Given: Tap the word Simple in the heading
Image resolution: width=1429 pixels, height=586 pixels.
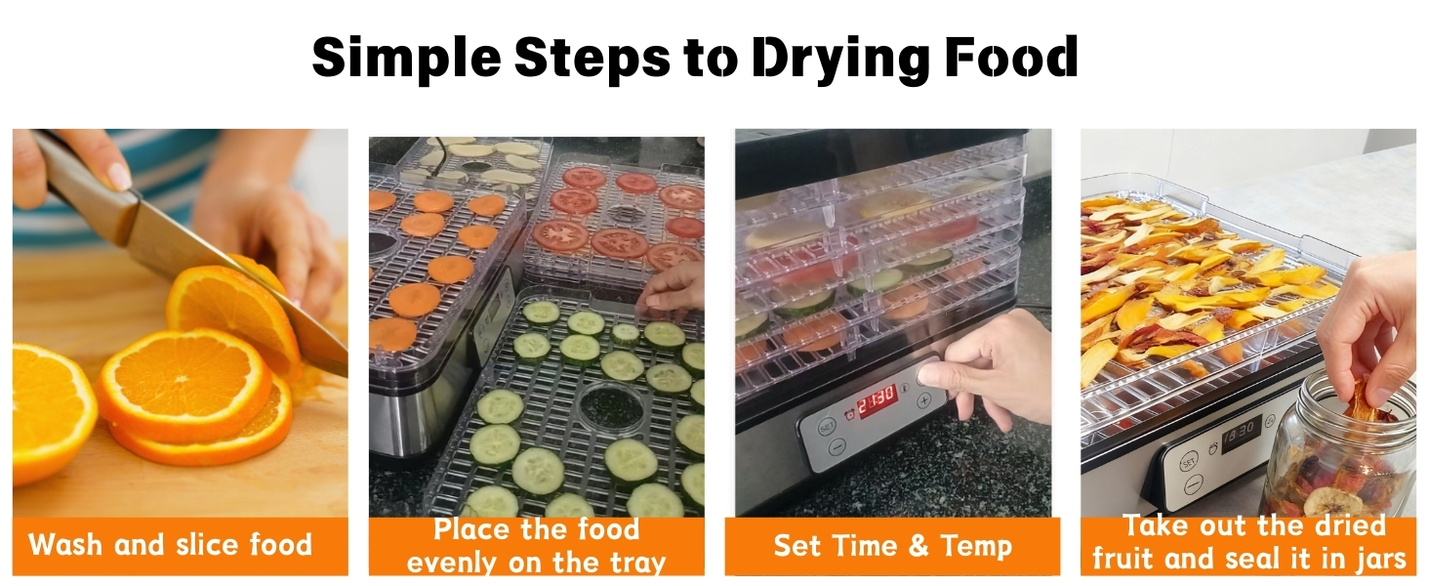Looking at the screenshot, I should coord(405,59).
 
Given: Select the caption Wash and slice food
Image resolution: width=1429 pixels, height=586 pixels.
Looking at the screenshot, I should coord(171,544).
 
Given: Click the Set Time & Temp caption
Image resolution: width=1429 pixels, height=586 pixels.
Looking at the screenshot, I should coord(892,545).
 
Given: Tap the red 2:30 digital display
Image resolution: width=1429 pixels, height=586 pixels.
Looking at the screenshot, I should coord(877,400).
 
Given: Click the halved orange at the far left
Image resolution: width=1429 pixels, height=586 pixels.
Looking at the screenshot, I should coord(49,410).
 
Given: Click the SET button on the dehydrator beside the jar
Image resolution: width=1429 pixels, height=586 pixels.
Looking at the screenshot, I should coord(1188,461).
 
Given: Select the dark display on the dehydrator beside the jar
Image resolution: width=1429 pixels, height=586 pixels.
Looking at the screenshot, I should coord(1242,431).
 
